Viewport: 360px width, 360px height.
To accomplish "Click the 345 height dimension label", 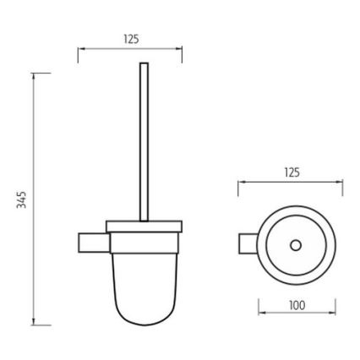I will click(x=23, y=199).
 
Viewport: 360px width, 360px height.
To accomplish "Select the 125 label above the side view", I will click(x=130, y=39).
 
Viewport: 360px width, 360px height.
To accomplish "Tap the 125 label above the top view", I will click(x=292, y=172).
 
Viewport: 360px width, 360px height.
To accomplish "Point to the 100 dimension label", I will click(x=297, y=305).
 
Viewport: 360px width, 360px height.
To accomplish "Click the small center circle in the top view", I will click(x=296, y=245).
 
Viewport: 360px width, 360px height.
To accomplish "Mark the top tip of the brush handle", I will click(x=144, y=64).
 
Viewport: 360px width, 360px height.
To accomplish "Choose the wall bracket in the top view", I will click(x=248, y=244).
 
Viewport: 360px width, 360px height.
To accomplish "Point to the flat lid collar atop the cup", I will click(x=144, y=226).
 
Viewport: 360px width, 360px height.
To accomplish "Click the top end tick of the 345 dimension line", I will click(x=35, y=74).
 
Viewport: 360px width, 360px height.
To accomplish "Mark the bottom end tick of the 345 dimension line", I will click(x=35, y=324).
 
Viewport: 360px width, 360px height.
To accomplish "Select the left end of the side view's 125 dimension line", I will click(x=79, y=50).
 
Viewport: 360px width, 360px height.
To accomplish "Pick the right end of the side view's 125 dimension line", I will click(x=182, y=50).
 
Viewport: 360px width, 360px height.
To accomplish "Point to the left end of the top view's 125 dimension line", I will click(x=239, y=182).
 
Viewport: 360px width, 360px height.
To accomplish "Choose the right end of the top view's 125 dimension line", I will click(x=342, y=182).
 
